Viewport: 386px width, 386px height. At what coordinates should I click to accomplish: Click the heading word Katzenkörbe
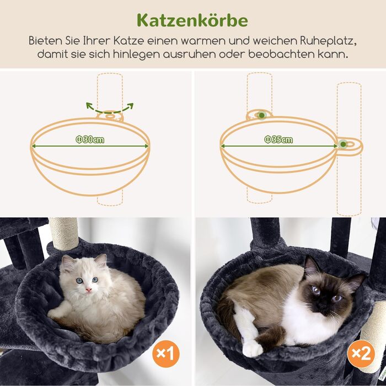pos(192,20)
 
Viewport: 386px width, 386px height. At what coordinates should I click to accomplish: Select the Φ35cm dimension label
pos(278,140)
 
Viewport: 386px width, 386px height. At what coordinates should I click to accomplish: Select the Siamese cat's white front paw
pos(252,348)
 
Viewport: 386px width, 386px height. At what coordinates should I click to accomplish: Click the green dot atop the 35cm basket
pos(260,115)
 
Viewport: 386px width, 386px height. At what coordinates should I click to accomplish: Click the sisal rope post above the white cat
pos(64,232)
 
